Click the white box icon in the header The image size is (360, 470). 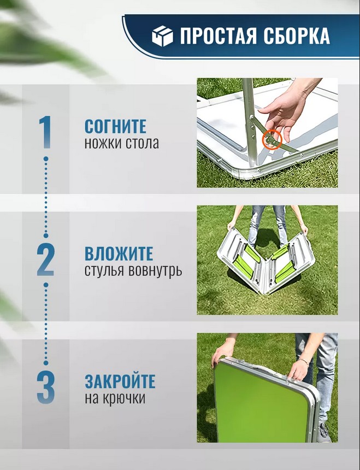tap(162, 36)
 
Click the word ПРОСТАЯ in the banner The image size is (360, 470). tap(219, 36)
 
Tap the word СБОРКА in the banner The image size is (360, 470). tap(297, 36)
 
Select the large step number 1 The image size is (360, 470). tap(45, 132)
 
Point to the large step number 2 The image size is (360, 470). tap(45, 260)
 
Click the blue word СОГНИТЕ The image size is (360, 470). tap(115, 126)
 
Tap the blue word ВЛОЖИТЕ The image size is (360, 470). tap(119, 254)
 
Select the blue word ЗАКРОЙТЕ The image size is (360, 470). tap(120, 381)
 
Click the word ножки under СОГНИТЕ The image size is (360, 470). tap(103, 143)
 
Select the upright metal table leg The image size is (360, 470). tap(250, 122)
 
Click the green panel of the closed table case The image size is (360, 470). tap(260, 402)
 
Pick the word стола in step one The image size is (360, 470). tap(142, 143)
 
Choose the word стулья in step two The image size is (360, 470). tap(104, 271)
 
